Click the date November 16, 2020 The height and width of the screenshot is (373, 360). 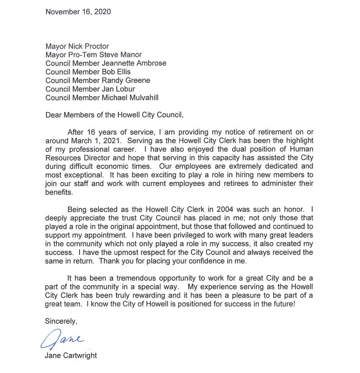point(78,12)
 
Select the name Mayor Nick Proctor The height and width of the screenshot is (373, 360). point(77,46)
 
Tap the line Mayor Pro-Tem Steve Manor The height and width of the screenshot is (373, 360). point(94,55)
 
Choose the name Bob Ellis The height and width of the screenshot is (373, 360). point(117,72)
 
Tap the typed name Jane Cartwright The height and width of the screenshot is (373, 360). point(71,355)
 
